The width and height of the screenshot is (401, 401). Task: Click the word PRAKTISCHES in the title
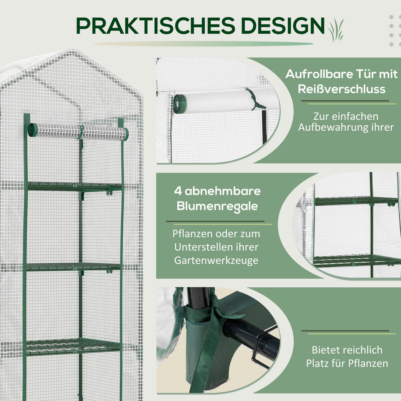click(154, 26)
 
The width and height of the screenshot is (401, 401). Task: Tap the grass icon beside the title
click(336, 29)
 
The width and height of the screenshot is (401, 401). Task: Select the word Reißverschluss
click(342, 89)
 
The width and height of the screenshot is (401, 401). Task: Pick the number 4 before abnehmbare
click(178, 191)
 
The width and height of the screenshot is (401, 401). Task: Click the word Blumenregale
click(217, 206)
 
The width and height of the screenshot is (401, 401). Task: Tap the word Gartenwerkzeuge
click(216, 260)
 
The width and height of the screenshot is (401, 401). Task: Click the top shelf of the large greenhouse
click(74, 186)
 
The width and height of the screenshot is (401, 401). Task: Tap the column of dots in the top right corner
click(391, 30)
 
